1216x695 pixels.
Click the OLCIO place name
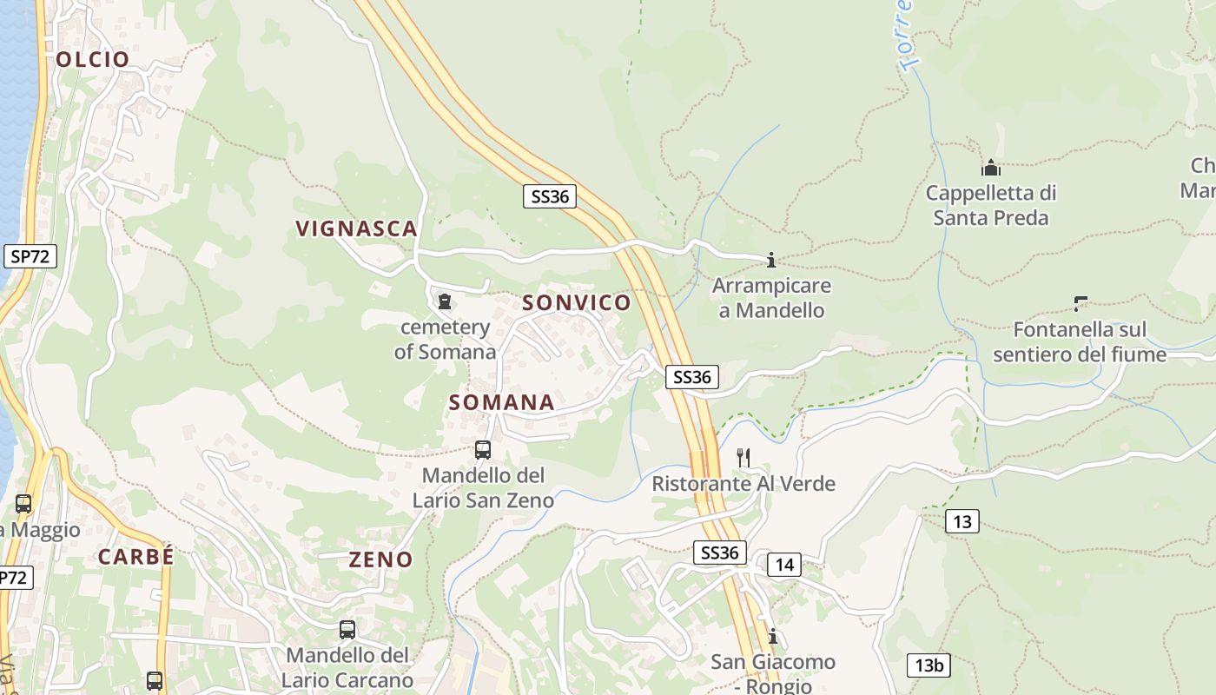[93, 59]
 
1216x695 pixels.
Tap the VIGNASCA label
[357, 228]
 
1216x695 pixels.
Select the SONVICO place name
[577, 302]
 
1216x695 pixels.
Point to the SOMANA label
[502, 402]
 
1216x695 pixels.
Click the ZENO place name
[380, 559]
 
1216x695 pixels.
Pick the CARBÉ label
[136, 557]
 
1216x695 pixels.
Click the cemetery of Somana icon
[445, 301]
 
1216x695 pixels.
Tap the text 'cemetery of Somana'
[445, 339]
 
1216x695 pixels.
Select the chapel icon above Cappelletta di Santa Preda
[991, 167]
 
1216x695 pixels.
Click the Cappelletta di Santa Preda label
[991, 205]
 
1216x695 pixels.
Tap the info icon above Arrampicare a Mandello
[770, 260]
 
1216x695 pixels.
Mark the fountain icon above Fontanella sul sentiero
[1081, 304]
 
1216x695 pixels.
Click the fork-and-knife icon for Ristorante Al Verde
[743, 457]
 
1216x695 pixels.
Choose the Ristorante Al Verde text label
[743, 484]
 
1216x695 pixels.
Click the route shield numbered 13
[962, 521]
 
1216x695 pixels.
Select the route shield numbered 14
[784, 565]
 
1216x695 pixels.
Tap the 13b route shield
[929, 665]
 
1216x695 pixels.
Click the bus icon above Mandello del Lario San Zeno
[483, 450]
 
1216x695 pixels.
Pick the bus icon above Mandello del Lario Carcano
[347, 630]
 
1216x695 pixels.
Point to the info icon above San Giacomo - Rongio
[772, 637]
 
